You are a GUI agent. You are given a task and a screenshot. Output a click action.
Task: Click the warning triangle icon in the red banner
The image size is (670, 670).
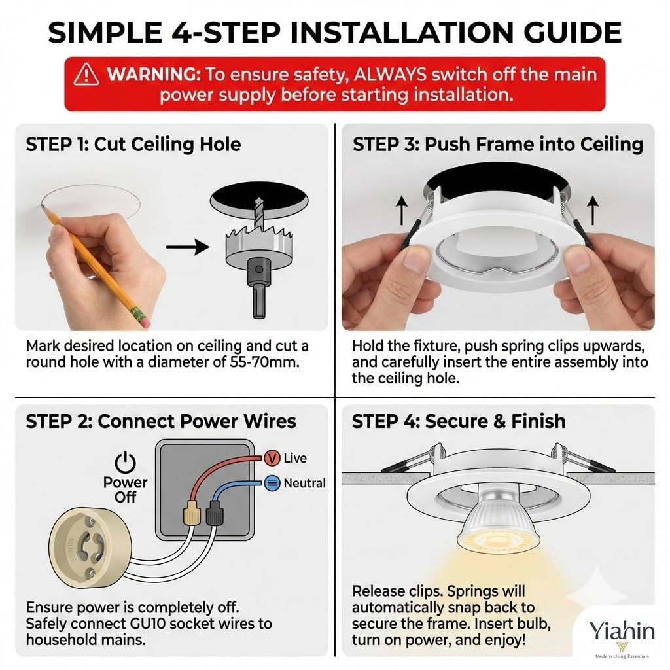pos(86,75)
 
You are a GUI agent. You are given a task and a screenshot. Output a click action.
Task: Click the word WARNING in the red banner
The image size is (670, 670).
pos(153,75)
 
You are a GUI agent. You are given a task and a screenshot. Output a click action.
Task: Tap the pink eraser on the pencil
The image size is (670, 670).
pos(144,321)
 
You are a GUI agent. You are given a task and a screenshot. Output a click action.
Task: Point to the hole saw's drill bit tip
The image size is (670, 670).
pos(258,199)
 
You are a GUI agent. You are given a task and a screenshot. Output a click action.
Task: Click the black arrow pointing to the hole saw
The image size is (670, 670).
pos(188,247)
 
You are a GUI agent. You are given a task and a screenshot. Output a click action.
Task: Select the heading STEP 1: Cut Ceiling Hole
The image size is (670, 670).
pos(133,145)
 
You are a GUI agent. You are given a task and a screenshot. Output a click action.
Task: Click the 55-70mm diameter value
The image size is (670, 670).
pos(264,362)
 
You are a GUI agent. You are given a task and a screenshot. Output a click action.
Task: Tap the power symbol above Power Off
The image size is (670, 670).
pos(125,462)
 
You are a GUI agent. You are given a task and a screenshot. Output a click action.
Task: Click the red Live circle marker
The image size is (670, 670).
pos(272,458)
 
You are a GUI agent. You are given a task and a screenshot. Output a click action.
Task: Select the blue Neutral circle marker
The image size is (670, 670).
pos(272,484)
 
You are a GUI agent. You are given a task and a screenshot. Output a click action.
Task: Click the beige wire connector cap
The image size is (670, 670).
pos(192,512)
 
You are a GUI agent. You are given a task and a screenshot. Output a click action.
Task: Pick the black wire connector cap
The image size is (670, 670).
pos(215,512)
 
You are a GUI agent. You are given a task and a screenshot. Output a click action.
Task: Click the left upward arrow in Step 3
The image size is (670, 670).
pos(401,210)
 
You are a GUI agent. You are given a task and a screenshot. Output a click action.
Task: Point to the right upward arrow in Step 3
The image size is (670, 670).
pos(593,210)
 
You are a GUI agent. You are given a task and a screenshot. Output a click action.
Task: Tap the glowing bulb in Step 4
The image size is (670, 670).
pos(499,521)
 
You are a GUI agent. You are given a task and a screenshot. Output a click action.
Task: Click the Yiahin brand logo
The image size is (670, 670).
pos(622,636)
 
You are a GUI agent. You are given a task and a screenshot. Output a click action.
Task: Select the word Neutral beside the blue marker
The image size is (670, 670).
pos(304,484)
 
